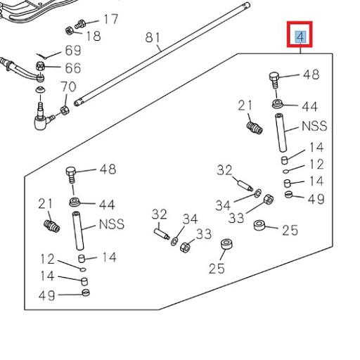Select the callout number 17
pos(111,19)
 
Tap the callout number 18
pos(93,36)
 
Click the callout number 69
pos(73,51)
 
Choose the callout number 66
pos(73,68)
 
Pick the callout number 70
pos(68,88)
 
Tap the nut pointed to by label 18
pos(70,30)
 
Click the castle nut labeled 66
pos(41,67)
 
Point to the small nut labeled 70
pos(63,110)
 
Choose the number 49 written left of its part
pos(47,295)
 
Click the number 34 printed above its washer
pos(191,219)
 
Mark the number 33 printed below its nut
pos(236,218)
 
